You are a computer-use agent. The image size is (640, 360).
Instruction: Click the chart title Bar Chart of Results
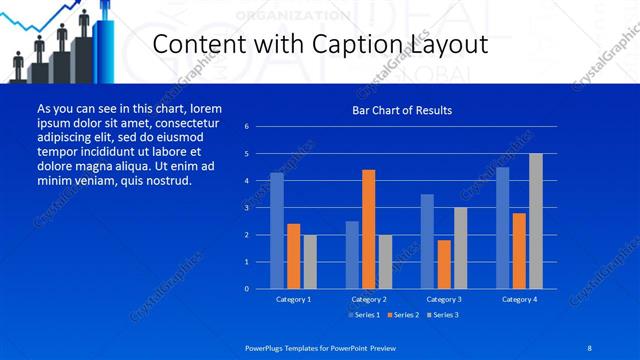[402, 110]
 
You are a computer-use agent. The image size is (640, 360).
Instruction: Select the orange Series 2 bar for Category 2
[368, 229]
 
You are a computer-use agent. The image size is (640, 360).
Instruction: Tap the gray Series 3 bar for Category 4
[535, 221]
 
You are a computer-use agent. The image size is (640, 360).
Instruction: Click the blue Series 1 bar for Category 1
[277, 231]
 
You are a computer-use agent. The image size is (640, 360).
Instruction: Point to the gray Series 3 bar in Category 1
[310, 262]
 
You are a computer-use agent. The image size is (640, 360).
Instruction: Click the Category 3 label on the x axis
[444, 299]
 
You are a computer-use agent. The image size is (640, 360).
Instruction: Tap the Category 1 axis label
[293, 299]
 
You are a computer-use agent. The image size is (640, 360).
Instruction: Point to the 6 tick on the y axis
[260, 127]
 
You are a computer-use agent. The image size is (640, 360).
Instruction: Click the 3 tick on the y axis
[260, 208]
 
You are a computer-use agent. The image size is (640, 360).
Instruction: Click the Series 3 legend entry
[443, 315]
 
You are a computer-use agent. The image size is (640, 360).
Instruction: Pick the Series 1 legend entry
[365, 315]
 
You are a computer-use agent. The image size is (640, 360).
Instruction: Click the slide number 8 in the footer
[588, 346]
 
